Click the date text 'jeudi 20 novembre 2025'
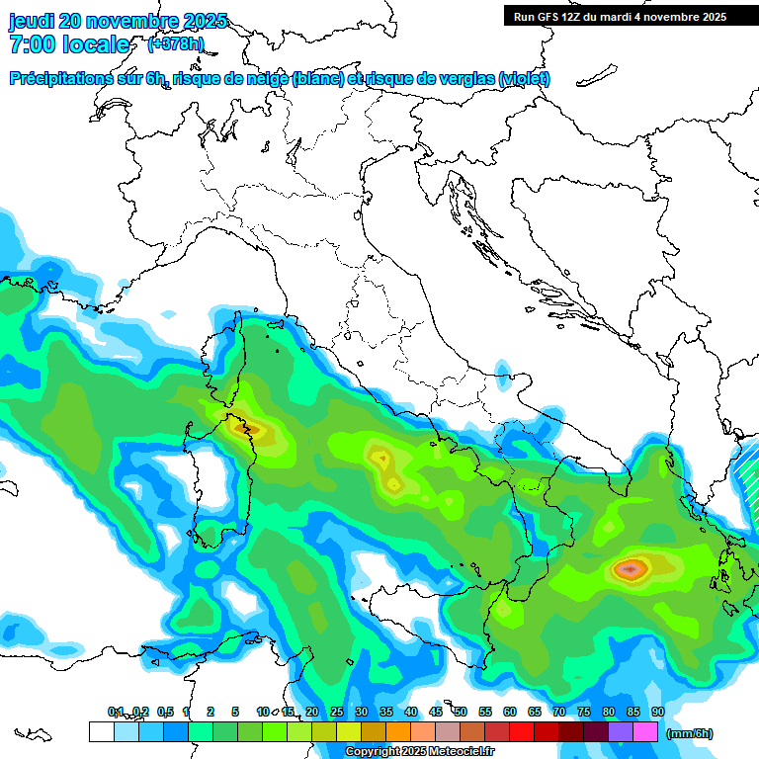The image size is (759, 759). click(118, 21)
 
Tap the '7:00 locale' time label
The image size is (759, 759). click(69, 44)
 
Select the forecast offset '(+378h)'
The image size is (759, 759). click(176, 44)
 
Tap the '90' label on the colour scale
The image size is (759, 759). click(657, 713)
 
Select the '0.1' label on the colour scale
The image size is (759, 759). click(116, 713)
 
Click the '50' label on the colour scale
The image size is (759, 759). click(461, 713)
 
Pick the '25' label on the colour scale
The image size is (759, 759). click(337, 713)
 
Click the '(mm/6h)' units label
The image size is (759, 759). click(689, 733)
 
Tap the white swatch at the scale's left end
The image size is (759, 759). click(101, 731)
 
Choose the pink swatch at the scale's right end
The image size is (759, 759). click(645, 731)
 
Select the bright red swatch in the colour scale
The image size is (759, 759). click(522, 731)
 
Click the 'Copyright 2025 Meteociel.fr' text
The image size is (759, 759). click(419, 752)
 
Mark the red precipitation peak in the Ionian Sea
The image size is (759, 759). click(631, 568)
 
